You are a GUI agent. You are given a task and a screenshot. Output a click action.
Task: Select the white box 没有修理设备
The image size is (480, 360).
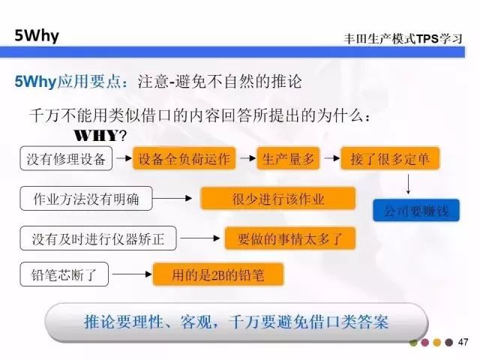coord(67,159)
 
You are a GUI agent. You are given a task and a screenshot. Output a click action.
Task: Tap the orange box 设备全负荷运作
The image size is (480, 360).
coord(184,159)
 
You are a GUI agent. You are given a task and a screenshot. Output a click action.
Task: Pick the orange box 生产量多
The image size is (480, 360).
coord(289,159)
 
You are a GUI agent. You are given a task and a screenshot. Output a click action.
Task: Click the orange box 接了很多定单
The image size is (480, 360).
coord(389,159)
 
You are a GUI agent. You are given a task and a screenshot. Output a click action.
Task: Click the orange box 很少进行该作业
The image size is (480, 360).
coord(278,199)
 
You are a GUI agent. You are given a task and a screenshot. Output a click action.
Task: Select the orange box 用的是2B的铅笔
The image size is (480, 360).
coord(218,274)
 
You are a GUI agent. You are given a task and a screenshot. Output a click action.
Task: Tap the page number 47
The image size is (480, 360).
coord(463,343)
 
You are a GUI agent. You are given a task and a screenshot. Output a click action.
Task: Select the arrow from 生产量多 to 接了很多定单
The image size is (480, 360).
coord(331,159)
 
